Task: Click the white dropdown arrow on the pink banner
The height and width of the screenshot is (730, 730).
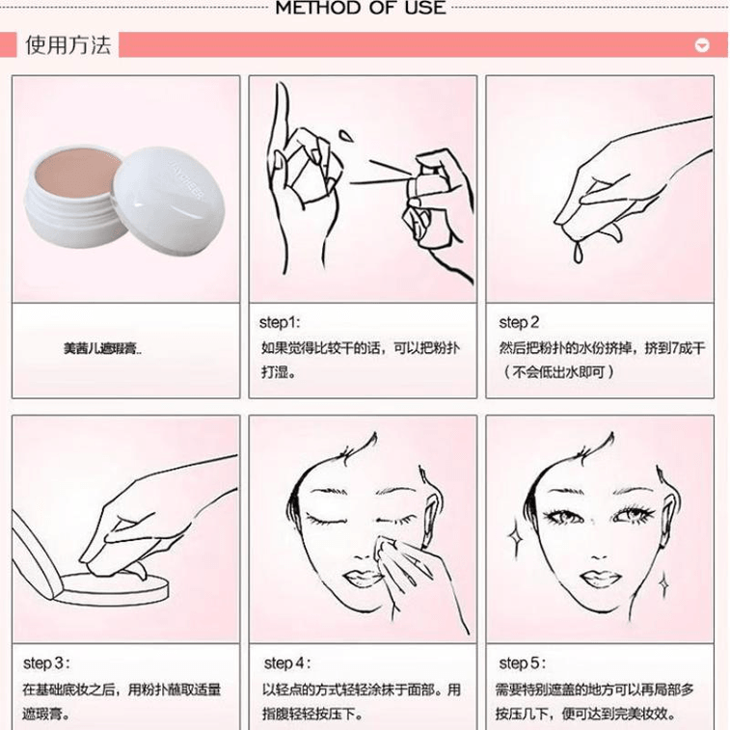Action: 702,45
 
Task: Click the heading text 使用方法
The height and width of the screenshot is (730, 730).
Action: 68,45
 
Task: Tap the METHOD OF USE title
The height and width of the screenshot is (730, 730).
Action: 361,8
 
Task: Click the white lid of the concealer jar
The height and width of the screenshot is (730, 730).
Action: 169,196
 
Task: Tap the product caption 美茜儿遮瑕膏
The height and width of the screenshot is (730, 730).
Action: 102,348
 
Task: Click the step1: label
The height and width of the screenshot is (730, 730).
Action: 280,322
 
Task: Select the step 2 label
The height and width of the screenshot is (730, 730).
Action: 519,322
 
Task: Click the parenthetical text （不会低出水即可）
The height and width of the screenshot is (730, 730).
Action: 558,372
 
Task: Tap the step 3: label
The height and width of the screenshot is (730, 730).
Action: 46,662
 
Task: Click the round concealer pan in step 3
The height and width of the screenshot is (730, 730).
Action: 113,588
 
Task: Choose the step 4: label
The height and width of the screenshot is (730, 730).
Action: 287,662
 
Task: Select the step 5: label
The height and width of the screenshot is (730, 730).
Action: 523,662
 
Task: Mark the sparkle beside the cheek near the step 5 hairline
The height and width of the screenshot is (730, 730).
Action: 515,539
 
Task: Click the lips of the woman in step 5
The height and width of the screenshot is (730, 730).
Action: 601,579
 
